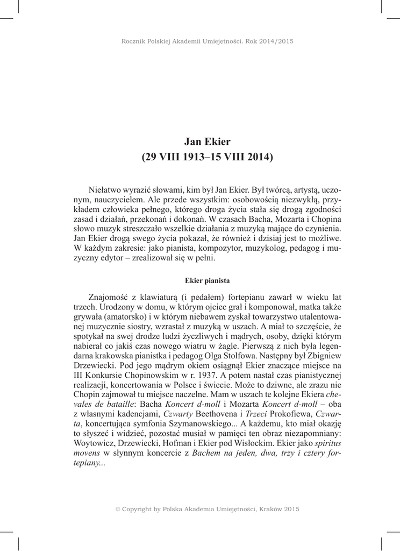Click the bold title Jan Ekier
(x=207, y=142)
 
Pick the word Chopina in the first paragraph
(x=328, y=221)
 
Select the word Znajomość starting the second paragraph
(x=111, y=298)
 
